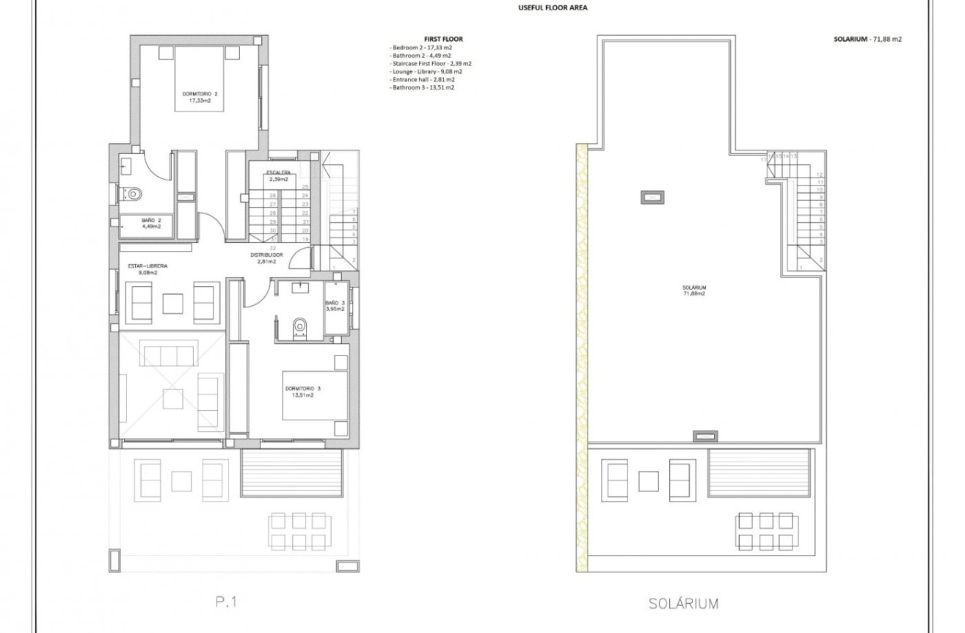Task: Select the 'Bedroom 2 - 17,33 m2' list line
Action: pyautogui.click(x=420, y=47)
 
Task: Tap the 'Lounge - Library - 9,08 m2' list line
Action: pyautogui.click(x=426, y=71)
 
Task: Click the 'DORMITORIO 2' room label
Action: pyautogui.click(x=200, y=94)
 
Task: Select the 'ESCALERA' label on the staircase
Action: pyautogui.click(x=277, y=173)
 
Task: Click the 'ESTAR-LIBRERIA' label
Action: pyautogui.click(x=143, y=267)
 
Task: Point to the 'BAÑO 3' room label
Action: pyautogui.click(x=335, y=303)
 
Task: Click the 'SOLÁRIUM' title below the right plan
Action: pyautogui.click(x=683, y=604)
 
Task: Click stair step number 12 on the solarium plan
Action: pyautogui.click(x=820, y=175)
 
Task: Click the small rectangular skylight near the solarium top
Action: pyautogui.click(x=652, y=197)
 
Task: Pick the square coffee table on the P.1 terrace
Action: pyautogui.click(x=181, y=480)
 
